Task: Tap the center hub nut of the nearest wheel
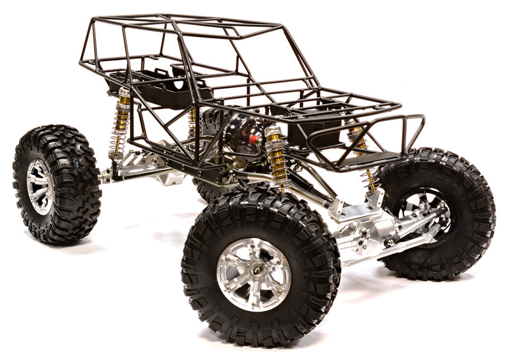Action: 254,274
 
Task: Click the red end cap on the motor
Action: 253,139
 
